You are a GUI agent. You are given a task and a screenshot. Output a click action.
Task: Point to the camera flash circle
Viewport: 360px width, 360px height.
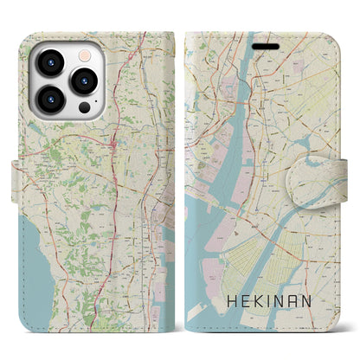[85, 53]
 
